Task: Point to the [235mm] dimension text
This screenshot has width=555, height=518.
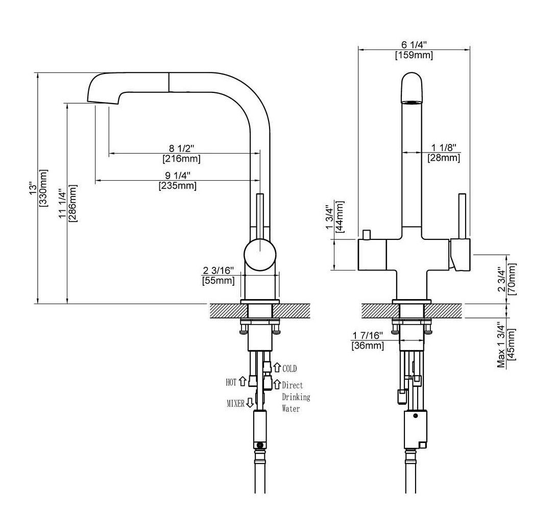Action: tap(178, 186)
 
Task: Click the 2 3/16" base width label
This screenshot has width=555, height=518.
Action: tap(219, 270)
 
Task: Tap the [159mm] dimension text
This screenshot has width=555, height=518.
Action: tap(414, 55)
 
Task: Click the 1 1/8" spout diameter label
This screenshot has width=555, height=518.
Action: tap(443, 147)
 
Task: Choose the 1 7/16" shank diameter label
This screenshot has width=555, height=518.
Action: tap(367, 335)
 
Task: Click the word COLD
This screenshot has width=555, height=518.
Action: tap(289, 368)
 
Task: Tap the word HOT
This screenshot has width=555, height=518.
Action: tap(231, 381)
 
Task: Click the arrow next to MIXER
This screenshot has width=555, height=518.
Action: tap(250, 403)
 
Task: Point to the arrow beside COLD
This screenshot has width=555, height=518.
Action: tap(277, 367)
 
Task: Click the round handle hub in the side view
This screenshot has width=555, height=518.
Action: tap(260, 253)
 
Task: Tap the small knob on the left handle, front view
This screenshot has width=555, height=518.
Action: tap(366, 234)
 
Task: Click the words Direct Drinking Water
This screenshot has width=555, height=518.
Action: tap(295, 397)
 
